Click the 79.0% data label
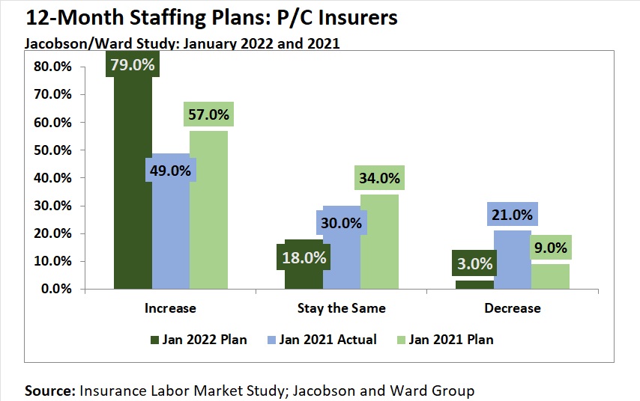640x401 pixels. click(x=133, y=65)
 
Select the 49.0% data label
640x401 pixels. click(x=171, y=171)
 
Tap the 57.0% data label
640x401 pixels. click(x=208, y=115)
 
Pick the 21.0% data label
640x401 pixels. click(x=513, y=215)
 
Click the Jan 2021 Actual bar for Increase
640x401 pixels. click(x=171, y=239)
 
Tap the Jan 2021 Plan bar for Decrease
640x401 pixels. click(x=550, y=275)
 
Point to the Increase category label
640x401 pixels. click(x=171, y=308)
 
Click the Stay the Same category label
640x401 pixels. click(x=341, y=308)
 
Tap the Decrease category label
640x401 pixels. click(x=512, y=308)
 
